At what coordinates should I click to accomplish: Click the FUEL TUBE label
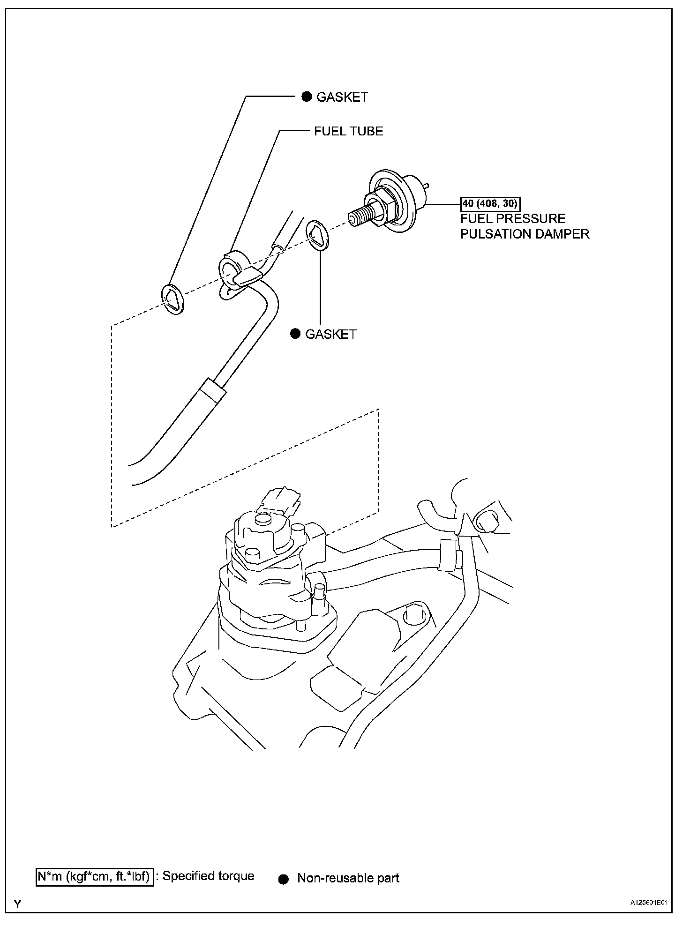pyautogui.click(x=348, y=131)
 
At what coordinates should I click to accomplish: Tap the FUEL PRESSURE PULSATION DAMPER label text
pyautogui.click(x=524, y=226)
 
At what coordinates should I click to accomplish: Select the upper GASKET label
pyautogui.click(x=342, y=97)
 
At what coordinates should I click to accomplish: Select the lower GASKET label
pyautogui.click(x=330, y=334)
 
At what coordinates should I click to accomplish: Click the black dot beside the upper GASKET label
pyautogui.click(x=306, y=97)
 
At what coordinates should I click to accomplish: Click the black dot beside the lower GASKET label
pyautogui.click(x=295, y=334)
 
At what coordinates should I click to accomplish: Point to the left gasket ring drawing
pyautogui.click(x=173, y=299)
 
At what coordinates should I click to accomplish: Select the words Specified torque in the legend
pyautogui.click(x=208, y=876)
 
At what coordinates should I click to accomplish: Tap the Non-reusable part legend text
pyautogui.click(x=348, y=878)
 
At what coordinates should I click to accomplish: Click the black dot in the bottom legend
pyautogui.click(x=283, y=879)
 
